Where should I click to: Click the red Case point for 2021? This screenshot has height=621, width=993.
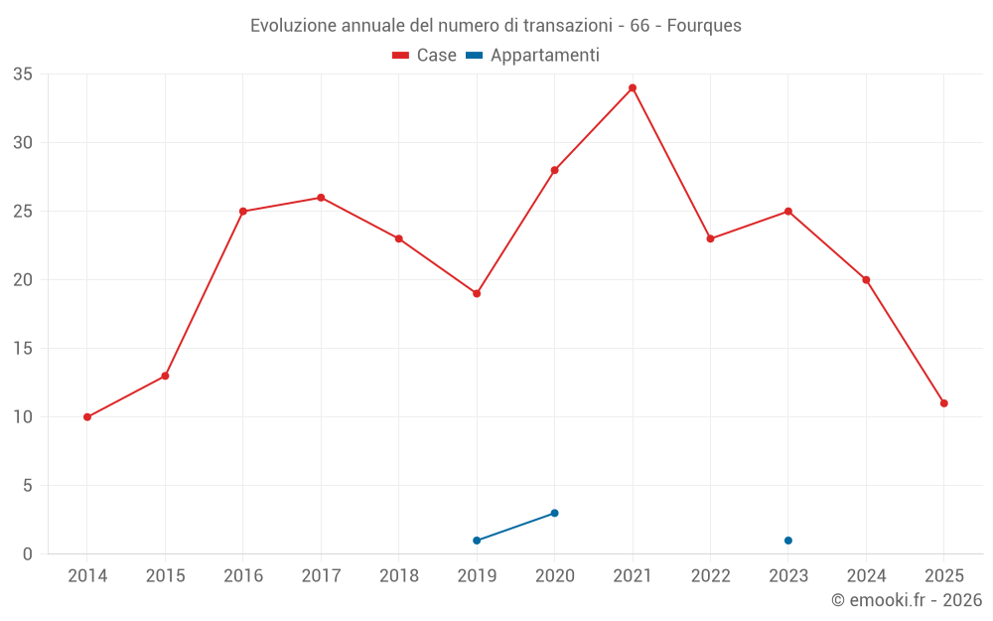click(633, 87)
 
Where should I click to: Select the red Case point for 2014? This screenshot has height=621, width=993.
click(87, 417)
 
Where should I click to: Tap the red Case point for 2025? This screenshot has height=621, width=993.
click(944, 403)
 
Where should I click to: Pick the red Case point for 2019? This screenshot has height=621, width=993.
click(477, 293)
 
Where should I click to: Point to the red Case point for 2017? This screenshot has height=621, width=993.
click(321, 198)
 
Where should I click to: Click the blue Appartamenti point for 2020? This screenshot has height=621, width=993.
click(554, 513)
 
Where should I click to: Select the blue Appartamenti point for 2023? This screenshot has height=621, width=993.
click(788, 541)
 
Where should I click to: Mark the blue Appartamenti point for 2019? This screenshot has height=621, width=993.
click(477, 541)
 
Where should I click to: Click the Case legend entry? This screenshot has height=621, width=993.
click(425, 56)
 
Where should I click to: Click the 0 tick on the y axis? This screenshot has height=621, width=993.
click(28, 554)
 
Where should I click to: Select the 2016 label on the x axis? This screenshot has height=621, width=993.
click(243, 576)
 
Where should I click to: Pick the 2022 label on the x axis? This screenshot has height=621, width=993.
click(711, 576)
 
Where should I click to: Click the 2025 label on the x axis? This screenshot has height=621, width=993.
click(944, 576)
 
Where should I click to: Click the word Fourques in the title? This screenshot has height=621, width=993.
click(704, 26)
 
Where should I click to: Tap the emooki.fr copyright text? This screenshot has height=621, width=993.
click(907, 600)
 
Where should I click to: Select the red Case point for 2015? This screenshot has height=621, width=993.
click(165, 376)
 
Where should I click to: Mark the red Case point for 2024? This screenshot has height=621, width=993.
click(866, 280)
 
